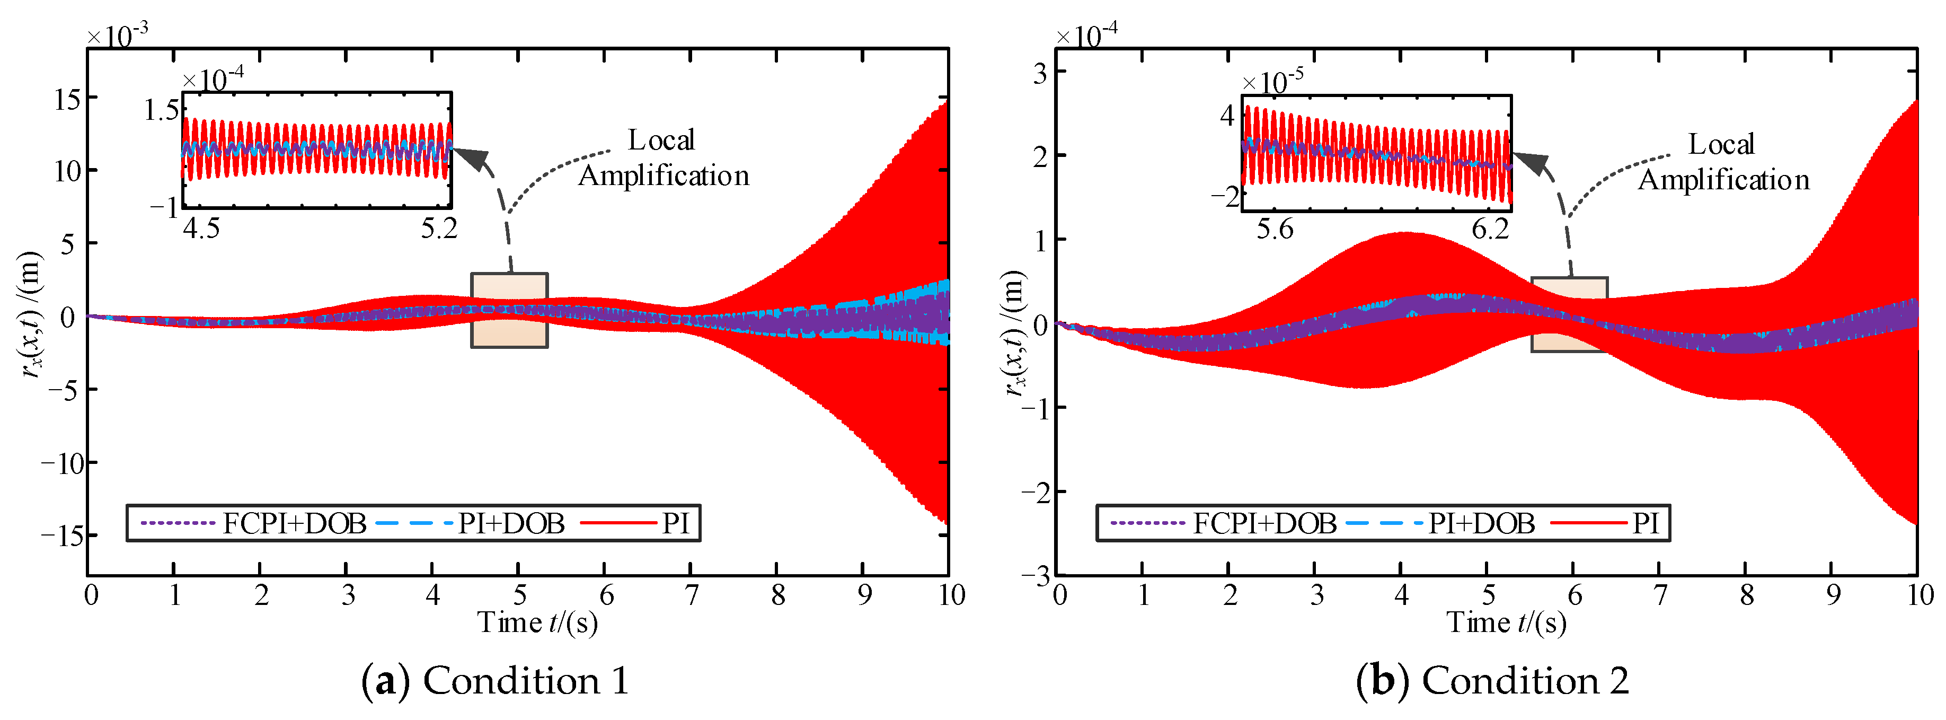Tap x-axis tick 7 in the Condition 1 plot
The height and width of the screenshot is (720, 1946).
[691, 595]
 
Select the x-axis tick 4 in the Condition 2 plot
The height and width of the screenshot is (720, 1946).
[1401, 595]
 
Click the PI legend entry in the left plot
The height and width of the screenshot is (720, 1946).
[675, 523]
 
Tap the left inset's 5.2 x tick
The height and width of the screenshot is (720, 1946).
[439, 228]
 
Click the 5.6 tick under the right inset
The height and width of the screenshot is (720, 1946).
[1275, 228]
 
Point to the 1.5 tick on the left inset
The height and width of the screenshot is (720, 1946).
[162, 111]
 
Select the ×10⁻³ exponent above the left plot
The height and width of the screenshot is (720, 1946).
[117, 35]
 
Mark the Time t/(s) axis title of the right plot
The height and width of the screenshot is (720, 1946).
[1506, 622]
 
